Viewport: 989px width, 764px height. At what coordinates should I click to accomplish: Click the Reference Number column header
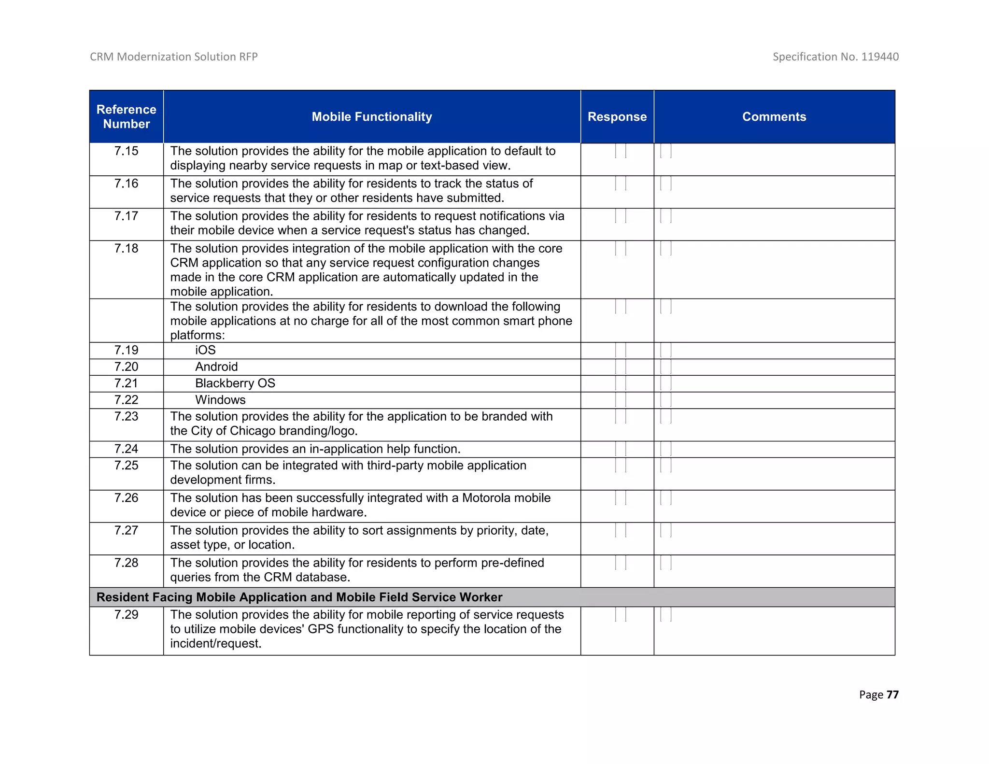126,116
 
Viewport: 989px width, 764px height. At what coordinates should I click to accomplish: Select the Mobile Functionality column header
371,116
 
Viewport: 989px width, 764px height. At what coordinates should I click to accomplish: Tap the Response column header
617,116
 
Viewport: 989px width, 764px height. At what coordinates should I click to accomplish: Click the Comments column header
774,116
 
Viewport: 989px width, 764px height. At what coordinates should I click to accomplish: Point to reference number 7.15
126,151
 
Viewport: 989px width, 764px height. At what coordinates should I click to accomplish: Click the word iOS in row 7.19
205,350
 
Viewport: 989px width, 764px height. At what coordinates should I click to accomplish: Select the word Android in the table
216,367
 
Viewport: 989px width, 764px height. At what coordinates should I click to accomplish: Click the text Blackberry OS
235,383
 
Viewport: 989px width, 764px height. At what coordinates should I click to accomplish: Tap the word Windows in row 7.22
220,400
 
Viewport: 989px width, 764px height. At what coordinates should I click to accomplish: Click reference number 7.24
126,449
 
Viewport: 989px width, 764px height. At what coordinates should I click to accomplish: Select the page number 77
892,694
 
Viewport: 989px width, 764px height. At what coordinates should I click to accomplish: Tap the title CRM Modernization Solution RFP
173,57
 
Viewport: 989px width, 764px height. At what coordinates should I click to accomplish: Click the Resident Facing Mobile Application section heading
299,597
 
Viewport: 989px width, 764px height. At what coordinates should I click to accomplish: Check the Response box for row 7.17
621,216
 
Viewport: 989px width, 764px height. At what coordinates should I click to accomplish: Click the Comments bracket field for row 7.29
665,615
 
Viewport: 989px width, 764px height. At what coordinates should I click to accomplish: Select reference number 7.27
126,530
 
